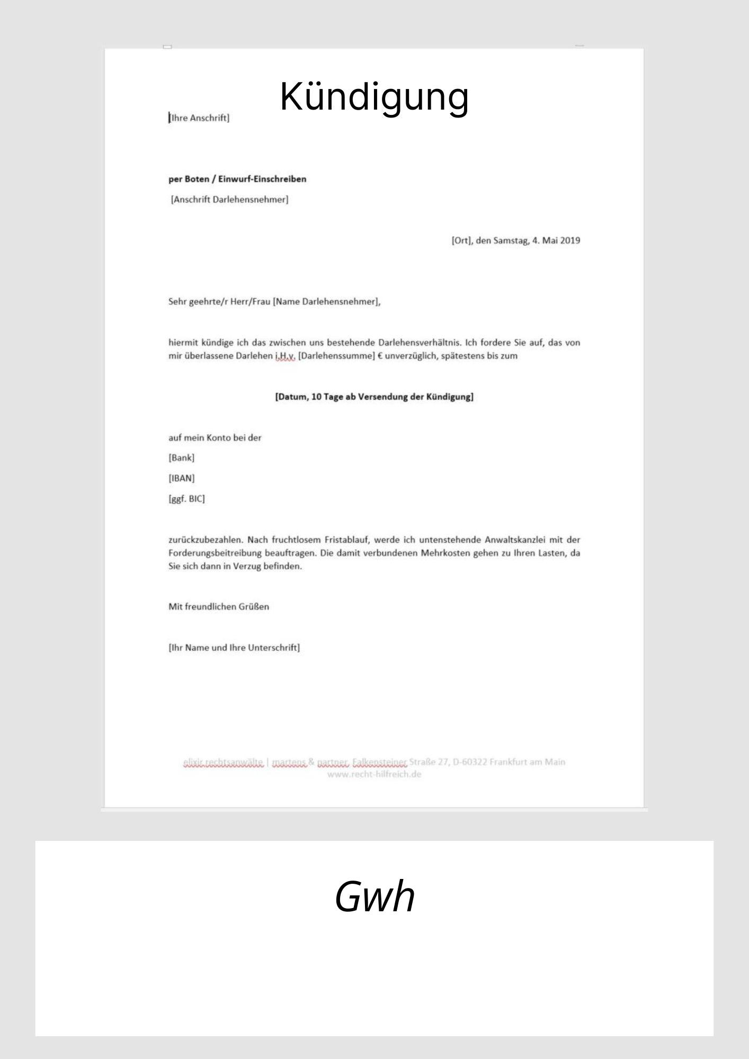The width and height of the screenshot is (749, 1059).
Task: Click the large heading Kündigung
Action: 374,96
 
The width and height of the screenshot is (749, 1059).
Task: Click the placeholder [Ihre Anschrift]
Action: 199,118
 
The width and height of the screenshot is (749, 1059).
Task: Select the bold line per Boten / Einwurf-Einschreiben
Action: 237,179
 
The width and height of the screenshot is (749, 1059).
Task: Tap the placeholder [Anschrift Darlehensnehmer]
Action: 229,200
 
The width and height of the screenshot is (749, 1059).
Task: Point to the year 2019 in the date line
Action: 570,240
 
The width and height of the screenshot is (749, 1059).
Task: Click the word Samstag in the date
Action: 511,240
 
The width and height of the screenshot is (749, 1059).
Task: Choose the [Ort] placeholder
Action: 461,240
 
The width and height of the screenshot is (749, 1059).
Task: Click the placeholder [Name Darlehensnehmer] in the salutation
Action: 326,302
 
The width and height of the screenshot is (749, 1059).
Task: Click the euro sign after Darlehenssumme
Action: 380,356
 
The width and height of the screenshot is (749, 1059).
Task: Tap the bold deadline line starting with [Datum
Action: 374,397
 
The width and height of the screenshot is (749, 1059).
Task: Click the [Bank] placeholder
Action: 182,457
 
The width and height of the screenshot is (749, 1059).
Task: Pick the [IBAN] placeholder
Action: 182,478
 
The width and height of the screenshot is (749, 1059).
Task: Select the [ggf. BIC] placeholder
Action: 186,499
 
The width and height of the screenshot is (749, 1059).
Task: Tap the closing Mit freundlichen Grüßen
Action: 219,607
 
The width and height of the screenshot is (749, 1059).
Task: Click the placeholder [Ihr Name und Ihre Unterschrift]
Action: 234,648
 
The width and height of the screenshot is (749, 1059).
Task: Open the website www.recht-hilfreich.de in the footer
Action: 374,774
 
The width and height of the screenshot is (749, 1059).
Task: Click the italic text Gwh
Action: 374,896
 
